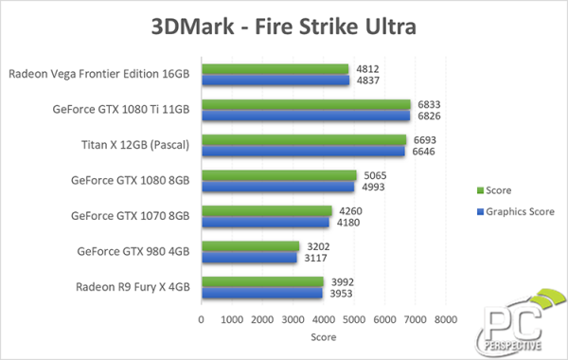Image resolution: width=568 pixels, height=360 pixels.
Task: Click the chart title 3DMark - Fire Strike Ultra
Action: coord(284,27)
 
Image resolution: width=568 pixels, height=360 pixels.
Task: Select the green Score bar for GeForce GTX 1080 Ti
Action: coord(305,104)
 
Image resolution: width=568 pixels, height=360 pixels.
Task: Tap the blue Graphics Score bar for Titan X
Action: coord(302,152)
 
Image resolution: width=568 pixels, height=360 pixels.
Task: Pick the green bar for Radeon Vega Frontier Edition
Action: coord(275,68)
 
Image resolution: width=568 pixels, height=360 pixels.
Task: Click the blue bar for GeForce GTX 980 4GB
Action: coord(248,257)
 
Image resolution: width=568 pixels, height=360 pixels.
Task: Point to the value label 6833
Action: coord(429,104)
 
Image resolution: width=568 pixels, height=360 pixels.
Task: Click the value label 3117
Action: coord(317,258)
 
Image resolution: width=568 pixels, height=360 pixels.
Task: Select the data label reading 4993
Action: coord(373,187)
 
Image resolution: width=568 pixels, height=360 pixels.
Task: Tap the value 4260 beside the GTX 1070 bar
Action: coord(349,210)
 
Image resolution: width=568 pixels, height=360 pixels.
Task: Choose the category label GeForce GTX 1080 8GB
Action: coord(131,180)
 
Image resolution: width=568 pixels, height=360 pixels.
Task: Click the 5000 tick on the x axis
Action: coord(352,321)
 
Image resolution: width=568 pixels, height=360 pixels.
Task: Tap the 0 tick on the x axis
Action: coord(200,321)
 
